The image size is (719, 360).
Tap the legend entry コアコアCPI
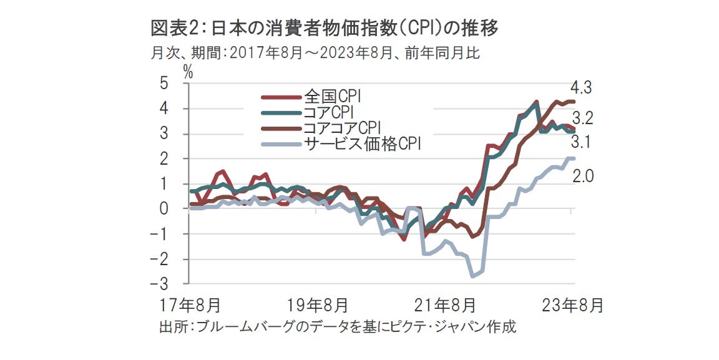tap(342, 128)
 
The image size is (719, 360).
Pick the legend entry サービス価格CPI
tap(363, 144)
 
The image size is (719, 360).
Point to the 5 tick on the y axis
tap(164, 83)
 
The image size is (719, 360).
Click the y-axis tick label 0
tap(164, 209)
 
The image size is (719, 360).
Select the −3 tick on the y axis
tap(160, 285)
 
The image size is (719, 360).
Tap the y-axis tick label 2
tap(164, 158)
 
